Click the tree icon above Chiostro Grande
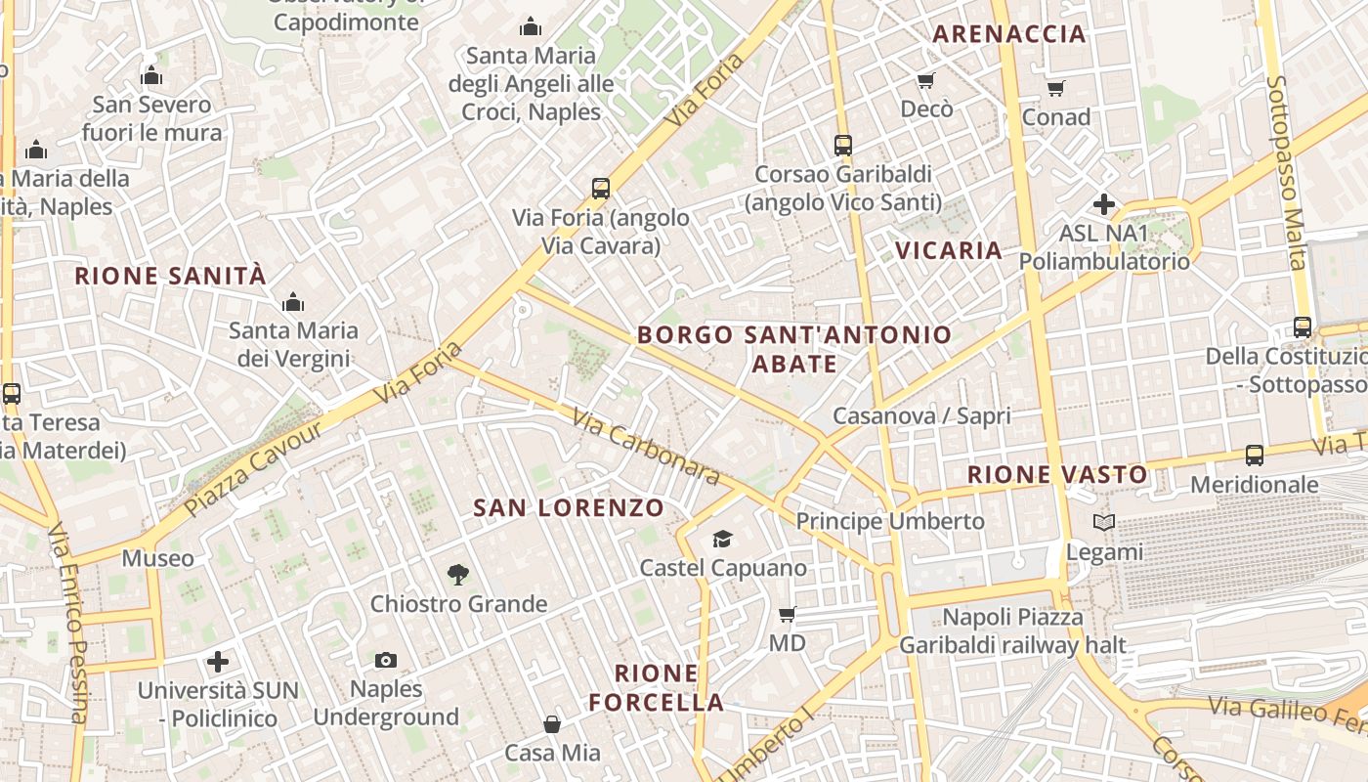click(x=457, y=574)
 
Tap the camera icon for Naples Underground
click(x=386, y=660)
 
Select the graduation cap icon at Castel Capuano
click(x=722, y=538)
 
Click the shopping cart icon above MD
click(x=787, y=614)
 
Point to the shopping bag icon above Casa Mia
click(x=552, y=724)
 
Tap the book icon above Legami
click(x=1103, y=523)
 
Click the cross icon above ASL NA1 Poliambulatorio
click(x=1104, y=204)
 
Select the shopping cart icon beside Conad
click(x=1055, y=89)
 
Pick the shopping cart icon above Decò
click(x=925, y=80)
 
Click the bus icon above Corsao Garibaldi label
click(x=843, y=146)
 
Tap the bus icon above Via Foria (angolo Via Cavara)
click(x=601, y=189)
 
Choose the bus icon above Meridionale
click(x=1255, y=456)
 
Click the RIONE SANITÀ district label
click(x=170, y=276)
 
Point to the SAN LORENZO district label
click(x=569, y=508)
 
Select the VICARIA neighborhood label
click(x=949, y=251)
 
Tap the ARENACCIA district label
click(x=1009, y=34)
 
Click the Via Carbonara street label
click(x=646, y=447)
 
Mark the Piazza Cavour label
click(x=252, y=469)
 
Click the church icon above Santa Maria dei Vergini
click(x=293, y=303)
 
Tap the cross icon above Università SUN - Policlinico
click(x=218, y=662)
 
